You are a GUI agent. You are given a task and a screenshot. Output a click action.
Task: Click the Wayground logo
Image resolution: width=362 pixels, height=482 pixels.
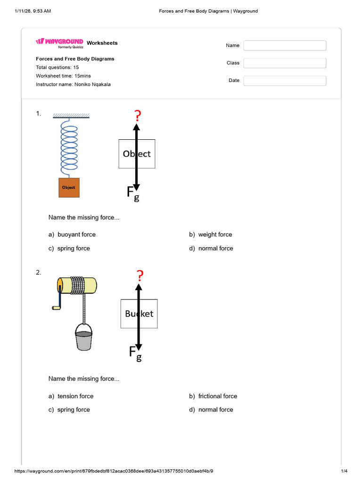point(60,42)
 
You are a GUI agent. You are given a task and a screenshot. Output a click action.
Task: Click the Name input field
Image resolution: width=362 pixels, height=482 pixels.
point(285,46)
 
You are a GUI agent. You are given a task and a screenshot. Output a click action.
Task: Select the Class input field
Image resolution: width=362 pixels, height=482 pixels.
point(285,63)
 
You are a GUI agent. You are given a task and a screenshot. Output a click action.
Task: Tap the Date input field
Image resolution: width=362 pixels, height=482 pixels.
point(285,80)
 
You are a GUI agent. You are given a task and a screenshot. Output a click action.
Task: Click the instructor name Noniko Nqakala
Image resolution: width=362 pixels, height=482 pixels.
point(92,84)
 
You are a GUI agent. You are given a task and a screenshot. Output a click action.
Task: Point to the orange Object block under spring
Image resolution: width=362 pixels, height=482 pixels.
point(69,187)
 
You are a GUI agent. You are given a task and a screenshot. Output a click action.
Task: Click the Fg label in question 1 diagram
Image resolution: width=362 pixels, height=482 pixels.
point(133,193)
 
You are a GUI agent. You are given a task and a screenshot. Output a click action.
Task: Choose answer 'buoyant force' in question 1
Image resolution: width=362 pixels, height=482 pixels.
point(76,234)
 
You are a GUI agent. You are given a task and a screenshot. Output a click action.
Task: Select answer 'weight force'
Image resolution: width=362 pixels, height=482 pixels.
point(215,234)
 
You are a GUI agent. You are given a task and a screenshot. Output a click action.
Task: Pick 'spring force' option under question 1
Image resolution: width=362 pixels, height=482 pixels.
point(74,249)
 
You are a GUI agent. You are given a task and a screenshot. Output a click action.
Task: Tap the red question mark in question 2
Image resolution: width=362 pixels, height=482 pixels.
point(139,275)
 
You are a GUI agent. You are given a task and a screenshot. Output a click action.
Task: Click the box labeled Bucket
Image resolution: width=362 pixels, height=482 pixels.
point(139,313)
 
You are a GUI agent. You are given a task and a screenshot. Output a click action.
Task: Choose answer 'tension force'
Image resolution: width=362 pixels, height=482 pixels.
point(75,396)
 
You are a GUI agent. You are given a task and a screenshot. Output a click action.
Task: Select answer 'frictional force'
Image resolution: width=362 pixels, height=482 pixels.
point(218,396)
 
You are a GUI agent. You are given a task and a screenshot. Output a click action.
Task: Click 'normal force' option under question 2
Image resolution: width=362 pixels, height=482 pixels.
point(215,410)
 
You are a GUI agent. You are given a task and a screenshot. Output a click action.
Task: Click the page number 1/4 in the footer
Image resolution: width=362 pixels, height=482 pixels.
point(344,471)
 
